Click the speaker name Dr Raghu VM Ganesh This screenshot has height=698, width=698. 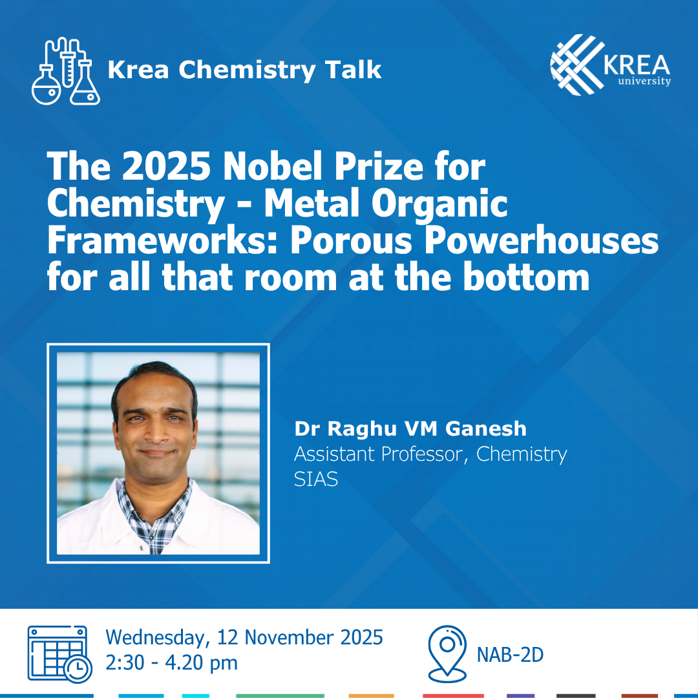[x=410, y=428]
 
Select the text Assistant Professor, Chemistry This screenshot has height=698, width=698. [x=430, y=454]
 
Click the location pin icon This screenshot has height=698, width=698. [x=447, y=653]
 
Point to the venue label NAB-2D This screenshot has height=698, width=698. [x=511, y=655]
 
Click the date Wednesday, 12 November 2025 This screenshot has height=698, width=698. [x=244, y=637]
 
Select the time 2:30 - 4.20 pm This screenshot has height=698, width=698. [x=171, y=662]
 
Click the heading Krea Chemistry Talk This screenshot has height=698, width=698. [x=244, y=70]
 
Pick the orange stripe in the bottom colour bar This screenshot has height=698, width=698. [x=371, y=696]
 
